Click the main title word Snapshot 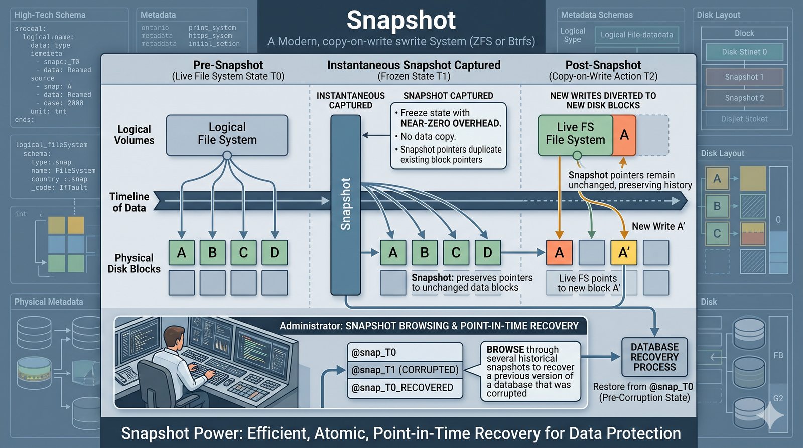401,21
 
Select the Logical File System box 227,134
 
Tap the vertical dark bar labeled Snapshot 345,204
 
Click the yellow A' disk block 623,252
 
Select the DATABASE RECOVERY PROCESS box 654,357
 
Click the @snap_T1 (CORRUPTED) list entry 405,370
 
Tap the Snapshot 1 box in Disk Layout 744,77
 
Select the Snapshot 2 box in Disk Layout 744,98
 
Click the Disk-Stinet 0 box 744,52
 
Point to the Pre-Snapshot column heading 228,65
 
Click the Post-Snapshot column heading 603,65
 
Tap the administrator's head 175,338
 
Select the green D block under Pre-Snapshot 274,252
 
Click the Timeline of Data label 129,202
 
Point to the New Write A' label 658,226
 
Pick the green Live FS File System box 575,134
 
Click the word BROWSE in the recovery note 505,349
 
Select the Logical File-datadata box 636,35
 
